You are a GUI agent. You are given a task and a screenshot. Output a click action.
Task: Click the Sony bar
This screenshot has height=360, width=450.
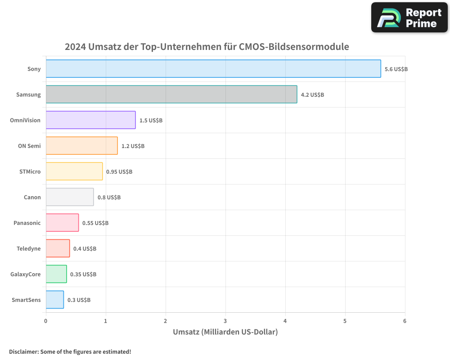coord(213,69)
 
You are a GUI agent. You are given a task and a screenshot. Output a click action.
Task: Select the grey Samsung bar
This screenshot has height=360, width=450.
coord(171,94)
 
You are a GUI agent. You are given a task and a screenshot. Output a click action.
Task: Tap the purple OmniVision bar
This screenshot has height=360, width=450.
coord(90,120)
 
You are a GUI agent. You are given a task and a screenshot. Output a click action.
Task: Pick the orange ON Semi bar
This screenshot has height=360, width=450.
coord(81,146)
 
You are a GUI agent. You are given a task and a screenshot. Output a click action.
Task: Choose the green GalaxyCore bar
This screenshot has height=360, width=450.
coord(56,274)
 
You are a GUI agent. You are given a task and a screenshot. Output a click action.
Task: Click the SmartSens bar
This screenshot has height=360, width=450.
coord(54,300)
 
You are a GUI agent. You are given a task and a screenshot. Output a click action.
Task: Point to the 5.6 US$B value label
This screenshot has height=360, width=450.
coord(396,69)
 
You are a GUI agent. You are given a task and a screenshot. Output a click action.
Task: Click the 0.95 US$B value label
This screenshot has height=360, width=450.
coord(119,172)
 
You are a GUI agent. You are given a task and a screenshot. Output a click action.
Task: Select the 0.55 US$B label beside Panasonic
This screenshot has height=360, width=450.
coord(95,223)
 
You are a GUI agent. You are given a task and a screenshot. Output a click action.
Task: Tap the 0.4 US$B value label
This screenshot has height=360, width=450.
coord(85,249)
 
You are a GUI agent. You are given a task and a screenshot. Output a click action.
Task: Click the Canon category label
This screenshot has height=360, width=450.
coord(32,197)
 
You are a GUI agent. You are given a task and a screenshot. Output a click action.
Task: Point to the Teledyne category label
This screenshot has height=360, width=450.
coord(28,248)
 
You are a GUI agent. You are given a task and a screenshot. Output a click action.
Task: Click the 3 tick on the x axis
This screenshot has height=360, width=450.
coord(225,321)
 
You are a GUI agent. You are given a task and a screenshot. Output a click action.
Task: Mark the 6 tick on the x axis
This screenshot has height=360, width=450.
coord(405,321)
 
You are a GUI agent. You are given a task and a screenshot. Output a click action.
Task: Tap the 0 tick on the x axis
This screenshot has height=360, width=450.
coord(46,321)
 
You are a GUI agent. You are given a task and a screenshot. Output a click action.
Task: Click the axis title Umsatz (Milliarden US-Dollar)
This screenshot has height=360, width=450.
coord(225,332)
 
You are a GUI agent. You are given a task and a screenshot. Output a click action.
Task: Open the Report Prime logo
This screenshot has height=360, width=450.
coord(409,18)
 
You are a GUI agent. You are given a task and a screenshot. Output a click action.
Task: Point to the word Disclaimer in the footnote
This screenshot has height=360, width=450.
coord(23,351)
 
